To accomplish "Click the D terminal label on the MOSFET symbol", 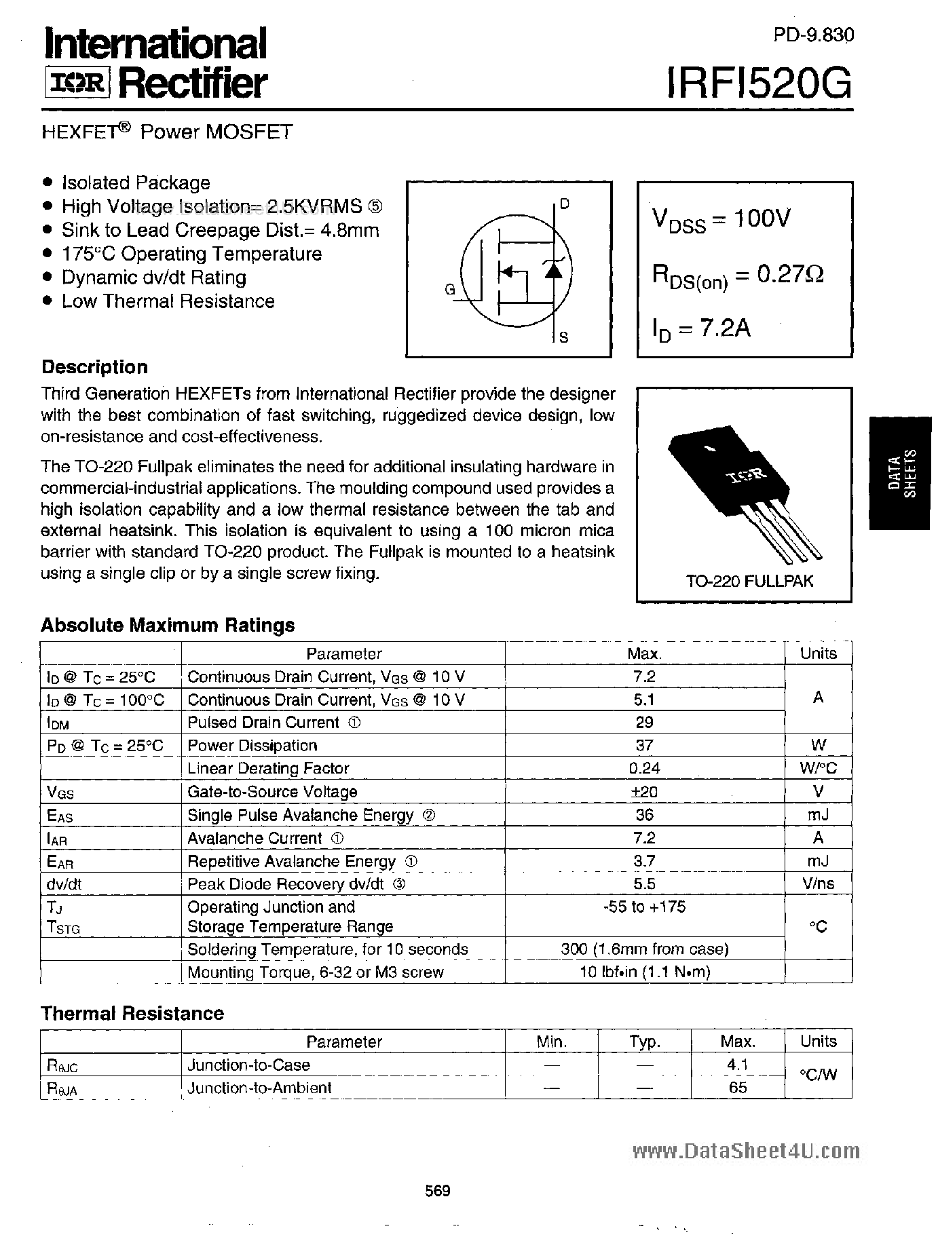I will tap(565, 204).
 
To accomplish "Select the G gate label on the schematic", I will tap(450, 290).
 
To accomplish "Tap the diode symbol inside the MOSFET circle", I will tap(555, 269).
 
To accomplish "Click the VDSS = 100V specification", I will tap(721, 219).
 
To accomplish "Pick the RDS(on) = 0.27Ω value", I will tap(737, 275).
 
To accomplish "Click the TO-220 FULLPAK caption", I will tap(749, 581).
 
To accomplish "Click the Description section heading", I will tap(94, 367).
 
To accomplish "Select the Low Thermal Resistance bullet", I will tap(168, 301).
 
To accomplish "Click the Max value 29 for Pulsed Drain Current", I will tap(644, 722).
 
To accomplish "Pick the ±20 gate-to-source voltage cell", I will tap(644, 791).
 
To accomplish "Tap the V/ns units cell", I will tap(818, 883).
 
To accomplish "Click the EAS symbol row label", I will tap(60, 816).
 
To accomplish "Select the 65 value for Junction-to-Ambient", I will tap(737, 1088).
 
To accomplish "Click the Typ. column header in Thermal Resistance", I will tap(644, 1042).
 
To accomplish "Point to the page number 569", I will tap(438, 1190).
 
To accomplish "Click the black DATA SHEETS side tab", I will tap(901, 473).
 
